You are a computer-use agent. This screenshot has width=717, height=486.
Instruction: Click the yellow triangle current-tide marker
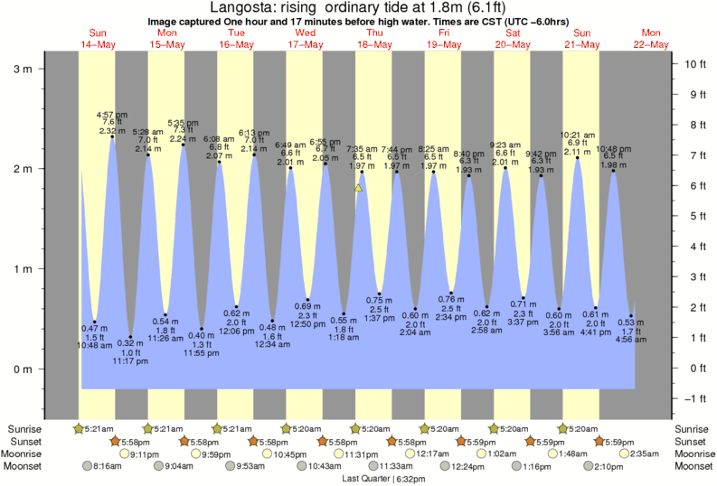(359, 188)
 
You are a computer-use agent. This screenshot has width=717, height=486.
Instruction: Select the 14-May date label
(96, 44)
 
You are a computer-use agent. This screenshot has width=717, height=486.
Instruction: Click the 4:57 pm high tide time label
(112, 115)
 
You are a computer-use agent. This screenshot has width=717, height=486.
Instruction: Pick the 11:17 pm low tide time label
(130, 360)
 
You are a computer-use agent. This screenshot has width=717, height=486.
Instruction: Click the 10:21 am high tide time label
(577, 135)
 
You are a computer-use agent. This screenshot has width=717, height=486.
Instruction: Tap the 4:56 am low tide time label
(631, 340)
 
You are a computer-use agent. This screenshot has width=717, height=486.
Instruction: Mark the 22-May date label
(651, 44)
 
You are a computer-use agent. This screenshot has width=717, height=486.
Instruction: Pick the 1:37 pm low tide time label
(380, 319)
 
